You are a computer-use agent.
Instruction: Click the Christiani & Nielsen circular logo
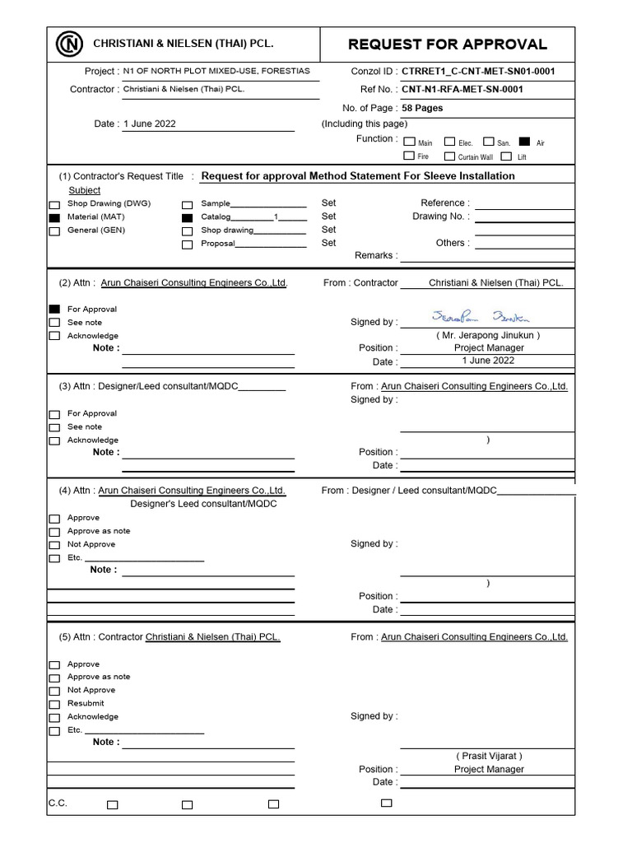coord(70,43)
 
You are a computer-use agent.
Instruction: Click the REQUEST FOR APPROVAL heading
coord(448,44)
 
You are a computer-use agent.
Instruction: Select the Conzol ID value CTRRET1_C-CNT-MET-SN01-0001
coord(478,72)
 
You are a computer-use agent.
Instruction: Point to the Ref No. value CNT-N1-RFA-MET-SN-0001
coord(462,90)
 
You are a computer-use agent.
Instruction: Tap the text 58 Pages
coord(422,108)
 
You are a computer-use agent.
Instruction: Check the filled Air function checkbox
coord(524,142)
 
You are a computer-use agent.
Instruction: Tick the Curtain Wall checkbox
coord(449,156)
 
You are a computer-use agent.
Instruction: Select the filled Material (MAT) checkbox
coord(54,218)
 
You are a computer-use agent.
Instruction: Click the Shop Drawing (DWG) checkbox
coord(54,204)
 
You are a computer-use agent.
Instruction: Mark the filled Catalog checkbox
coord(188,218)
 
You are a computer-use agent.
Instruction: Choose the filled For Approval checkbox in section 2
coord(54,309)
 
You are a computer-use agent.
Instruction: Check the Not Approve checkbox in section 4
coord(54,545)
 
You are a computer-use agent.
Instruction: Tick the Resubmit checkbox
coord(54,704)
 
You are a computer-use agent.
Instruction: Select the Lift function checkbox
coord(507,156)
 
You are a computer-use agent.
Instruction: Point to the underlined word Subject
coord(85,190)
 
